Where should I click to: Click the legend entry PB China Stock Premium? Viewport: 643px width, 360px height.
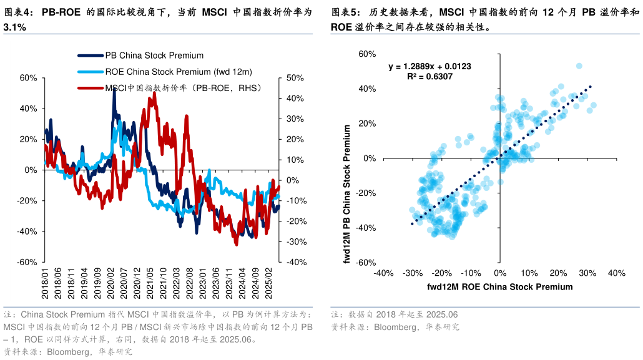coord(154,56)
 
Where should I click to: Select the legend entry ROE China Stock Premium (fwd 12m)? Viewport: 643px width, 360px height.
coord(178,72)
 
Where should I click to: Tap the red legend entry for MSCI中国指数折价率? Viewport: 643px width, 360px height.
coord(183,88)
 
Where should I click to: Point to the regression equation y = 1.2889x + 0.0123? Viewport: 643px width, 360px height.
coord(429,66)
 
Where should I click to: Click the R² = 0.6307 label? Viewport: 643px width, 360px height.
coord(429,77)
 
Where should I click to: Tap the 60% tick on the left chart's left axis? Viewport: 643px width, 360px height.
coord(29,78)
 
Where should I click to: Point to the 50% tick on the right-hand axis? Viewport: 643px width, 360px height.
coord(295,78)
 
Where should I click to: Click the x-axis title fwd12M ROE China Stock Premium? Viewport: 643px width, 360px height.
coord(499,287)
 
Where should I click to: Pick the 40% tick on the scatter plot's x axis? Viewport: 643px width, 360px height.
coord(616,273)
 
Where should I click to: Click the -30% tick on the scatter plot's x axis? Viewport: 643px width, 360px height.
coord(412,273)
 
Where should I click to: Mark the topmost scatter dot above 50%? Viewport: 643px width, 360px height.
coord(579,66)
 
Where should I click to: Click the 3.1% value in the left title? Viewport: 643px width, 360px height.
coord(14,28)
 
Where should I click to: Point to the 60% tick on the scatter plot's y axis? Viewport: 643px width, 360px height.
coord(366,54)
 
